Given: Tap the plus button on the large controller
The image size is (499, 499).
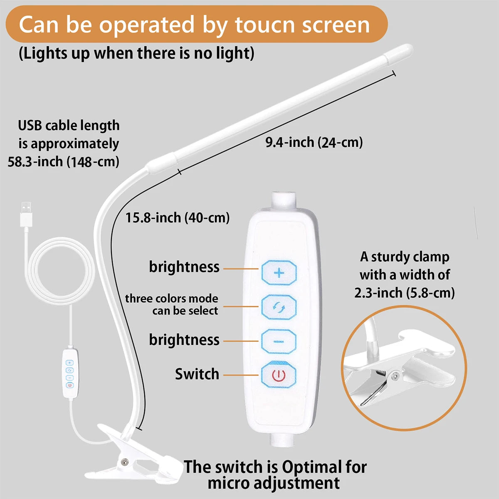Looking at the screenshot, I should click(x=279, y=273).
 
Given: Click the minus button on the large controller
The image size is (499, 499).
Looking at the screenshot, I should click(x=279, y=341).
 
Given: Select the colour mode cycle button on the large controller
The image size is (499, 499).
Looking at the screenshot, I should click(x=279, y=307).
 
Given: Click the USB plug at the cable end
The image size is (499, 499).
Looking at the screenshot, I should click(x=26, y=214).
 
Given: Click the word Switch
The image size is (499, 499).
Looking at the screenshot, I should click(x=197, y=374).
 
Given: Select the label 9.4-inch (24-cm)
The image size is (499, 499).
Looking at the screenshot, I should click(x=314, y=142).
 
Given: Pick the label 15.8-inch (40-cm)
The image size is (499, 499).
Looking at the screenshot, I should click(x=178, y=217).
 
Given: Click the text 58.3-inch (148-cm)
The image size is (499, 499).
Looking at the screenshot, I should click(x=64, y=161).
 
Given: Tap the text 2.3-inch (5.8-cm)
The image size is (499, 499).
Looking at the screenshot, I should click(x=404, y=293).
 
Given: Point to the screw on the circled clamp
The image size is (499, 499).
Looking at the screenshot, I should click(x=395, y=376).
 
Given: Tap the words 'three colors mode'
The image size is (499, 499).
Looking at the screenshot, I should click(x=171, y=299).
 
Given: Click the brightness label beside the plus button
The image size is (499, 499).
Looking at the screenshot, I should click(x=184, y=267).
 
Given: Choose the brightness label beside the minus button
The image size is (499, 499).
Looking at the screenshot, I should click(x=184, y=340).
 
